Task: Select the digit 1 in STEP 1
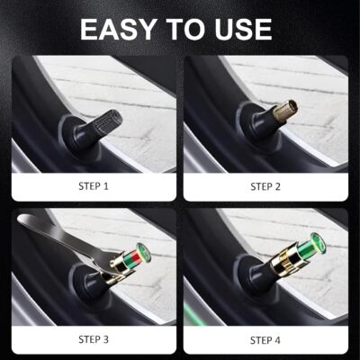pos(108,187)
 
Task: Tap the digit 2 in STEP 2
pos(282,187)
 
